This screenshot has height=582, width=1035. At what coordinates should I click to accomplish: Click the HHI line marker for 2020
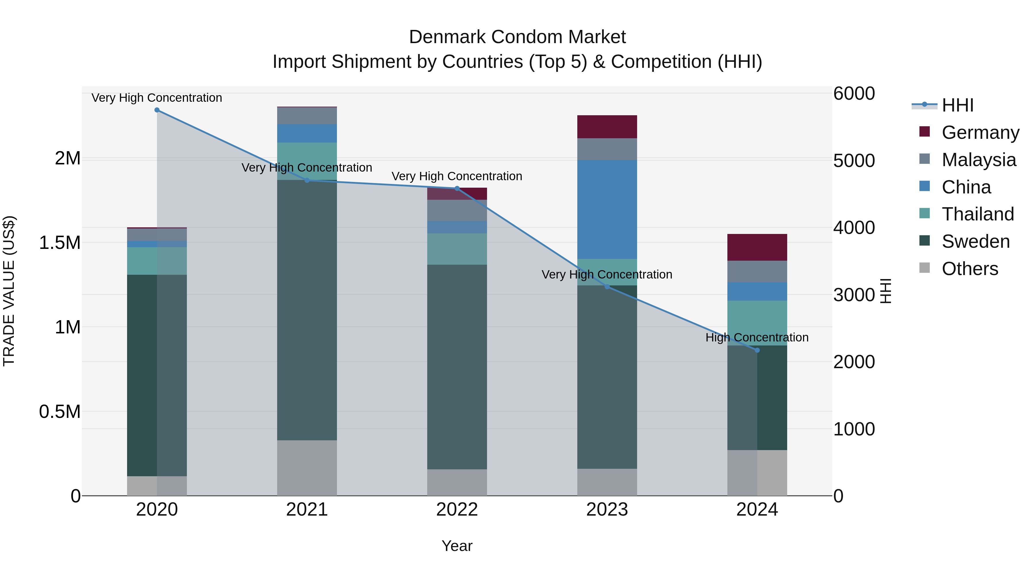pos(157,110)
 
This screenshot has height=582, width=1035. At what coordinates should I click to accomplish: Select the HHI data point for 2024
pos(757,350)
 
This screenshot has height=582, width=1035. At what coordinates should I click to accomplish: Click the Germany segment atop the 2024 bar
pos(757,247)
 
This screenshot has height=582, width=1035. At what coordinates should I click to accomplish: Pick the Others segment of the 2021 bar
pos(307,468)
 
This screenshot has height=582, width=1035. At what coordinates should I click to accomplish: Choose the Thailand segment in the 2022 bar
pos(457,249)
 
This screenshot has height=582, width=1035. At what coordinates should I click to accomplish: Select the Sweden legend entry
pos(975,241)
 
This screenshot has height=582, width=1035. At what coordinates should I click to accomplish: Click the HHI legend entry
pos(957,105)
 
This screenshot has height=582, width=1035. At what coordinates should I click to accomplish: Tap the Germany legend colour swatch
pos(925,132)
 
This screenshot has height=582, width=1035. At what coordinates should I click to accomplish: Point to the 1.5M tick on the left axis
pos(60,243)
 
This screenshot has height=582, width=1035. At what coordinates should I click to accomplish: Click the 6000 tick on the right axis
pos(854,94)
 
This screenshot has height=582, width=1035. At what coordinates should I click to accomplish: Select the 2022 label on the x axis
pos(457,509)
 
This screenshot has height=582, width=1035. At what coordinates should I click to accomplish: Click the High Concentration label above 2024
pos(757,337)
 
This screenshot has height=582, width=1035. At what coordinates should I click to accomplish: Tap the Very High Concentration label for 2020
pos(157,98)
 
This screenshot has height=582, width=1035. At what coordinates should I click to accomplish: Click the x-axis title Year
pos(457,546)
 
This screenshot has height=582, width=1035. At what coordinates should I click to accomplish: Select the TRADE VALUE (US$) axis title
pos(9,291)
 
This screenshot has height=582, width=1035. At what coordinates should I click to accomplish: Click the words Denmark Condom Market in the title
pos(517,37)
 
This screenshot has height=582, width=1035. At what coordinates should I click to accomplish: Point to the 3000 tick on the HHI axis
pos(854,295)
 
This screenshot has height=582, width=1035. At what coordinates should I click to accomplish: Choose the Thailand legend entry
pos(977,214)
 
